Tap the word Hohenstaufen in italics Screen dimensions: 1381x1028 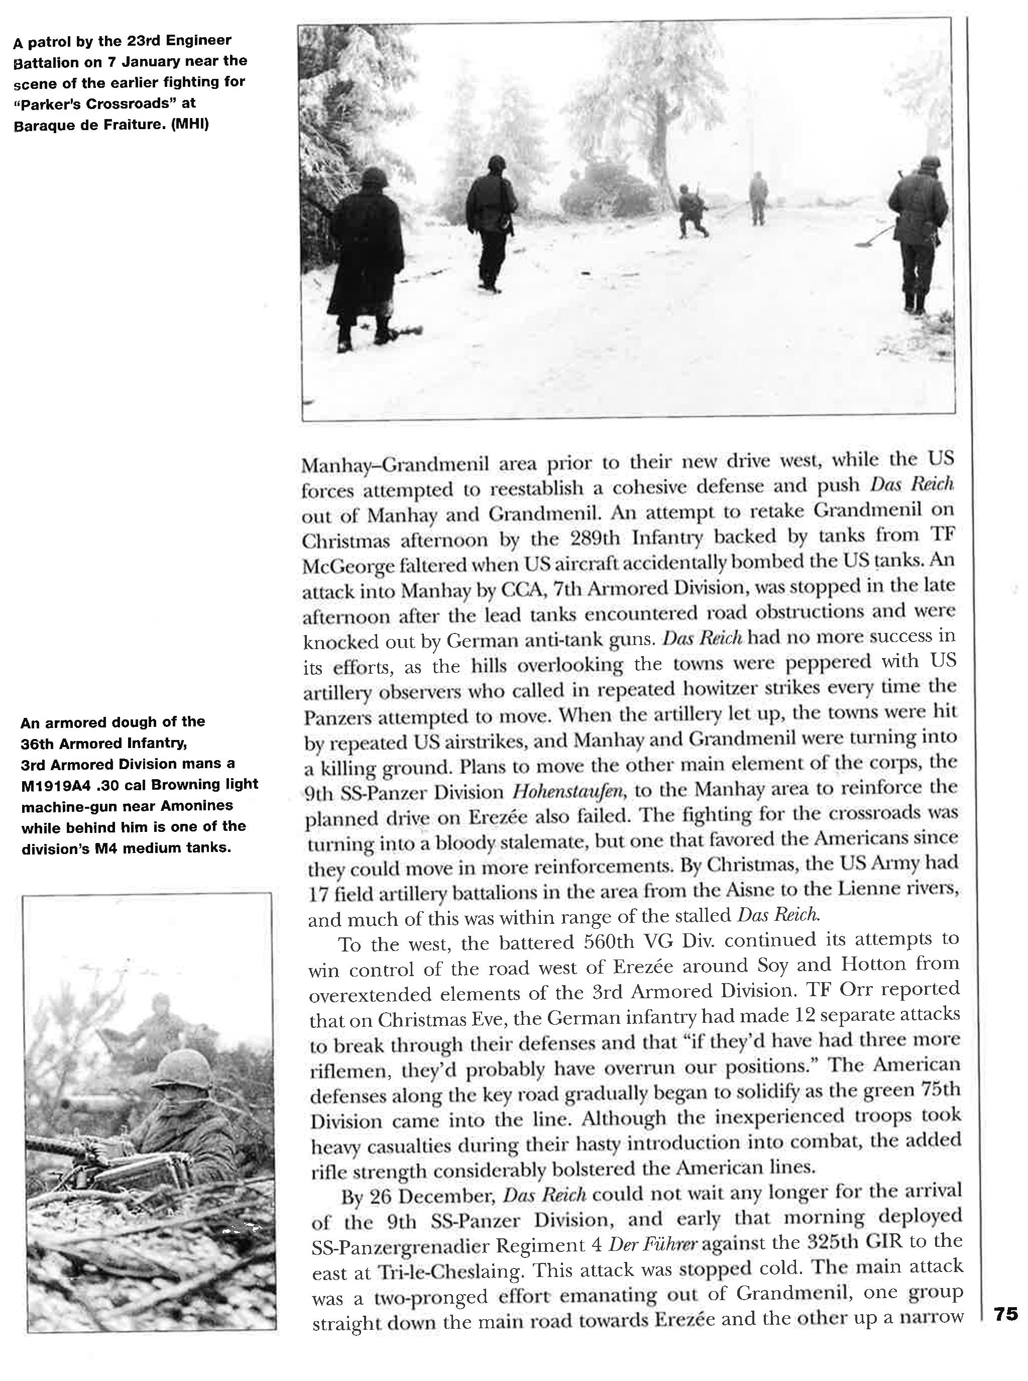[x=568, y=792]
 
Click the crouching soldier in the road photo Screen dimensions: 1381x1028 [x=692, y=211]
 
